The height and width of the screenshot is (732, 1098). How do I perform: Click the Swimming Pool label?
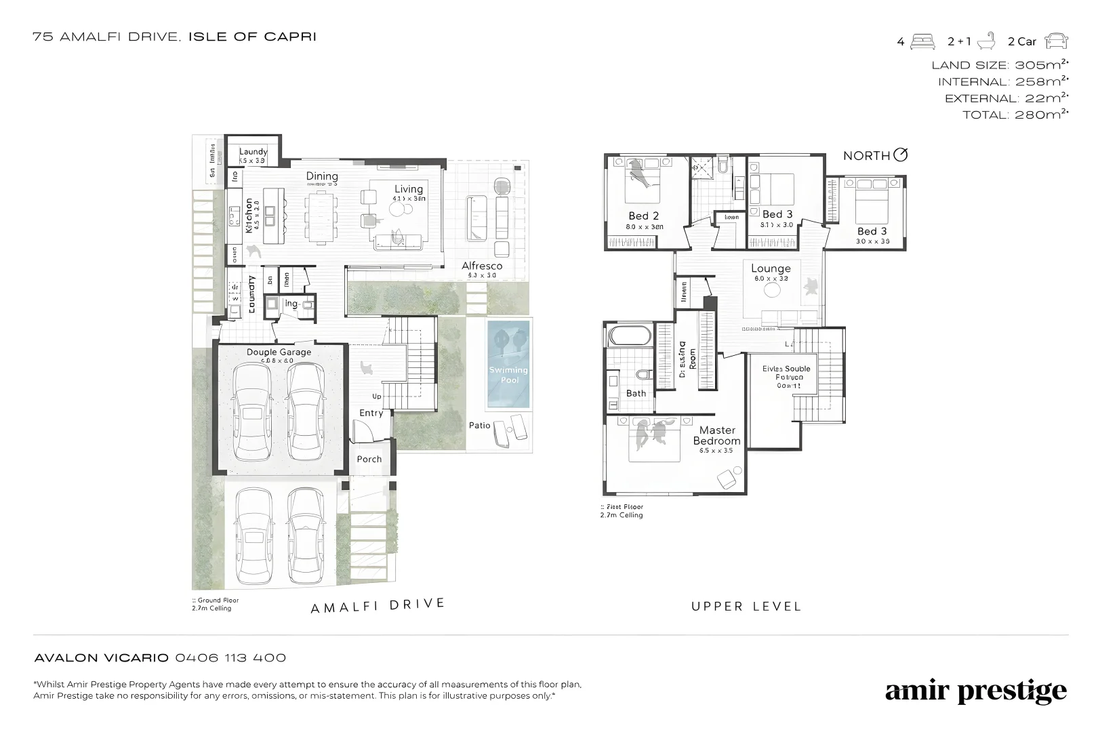(x=508, y=375)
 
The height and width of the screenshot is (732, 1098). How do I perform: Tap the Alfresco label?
(x=482, y=266)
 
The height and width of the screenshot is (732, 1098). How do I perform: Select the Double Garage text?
(x=279, y=352)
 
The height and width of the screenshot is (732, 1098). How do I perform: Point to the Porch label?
(x=369, y=459)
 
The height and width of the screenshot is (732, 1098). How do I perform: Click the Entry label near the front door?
(x=371, y=413)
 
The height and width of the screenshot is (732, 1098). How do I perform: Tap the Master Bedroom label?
(x=716, y=435)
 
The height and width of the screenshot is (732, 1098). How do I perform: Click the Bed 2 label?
(x=643, y=216)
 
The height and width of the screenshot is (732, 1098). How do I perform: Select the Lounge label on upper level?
(x=771, y=268)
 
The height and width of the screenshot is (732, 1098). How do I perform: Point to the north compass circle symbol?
(x=900, y=155)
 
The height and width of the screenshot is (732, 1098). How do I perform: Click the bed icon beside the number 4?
(x=922, y=41)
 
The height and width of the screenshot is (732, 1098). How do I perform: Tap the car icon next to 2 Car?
(x=1056, y=41)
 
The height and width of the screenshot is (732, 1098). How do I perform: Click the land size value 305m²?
(x=1039, y=65)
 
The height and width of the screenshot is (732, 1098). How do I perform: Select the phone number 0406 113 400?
(x=230, y=657)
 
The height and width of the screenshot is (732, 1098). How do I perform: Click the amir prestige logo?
(x=975, y=691)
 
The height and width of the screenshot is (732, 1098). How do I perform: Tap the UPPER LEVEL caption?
(x=746, y=607)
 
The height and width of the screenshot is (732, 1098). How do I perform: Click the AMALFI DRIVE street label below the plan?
(x=378, y=605)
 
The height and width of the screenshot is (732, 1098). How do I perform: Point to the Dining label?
(x=322, y=176)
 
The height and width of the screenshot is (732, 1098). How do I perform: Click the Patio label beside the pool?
(x=479, y=426)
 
